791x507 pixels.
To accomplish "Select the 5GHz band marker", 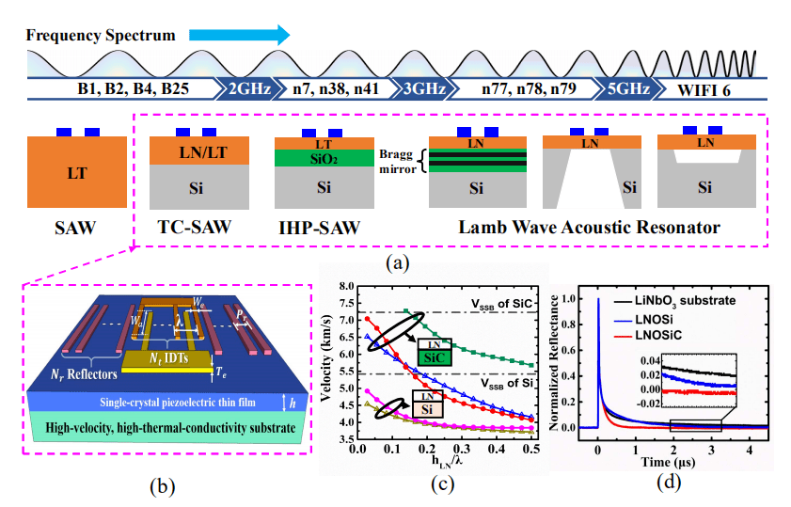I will [x=625, y=92].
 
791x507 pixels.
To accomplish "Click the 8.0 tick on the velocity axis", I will [x=345, y=286].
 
